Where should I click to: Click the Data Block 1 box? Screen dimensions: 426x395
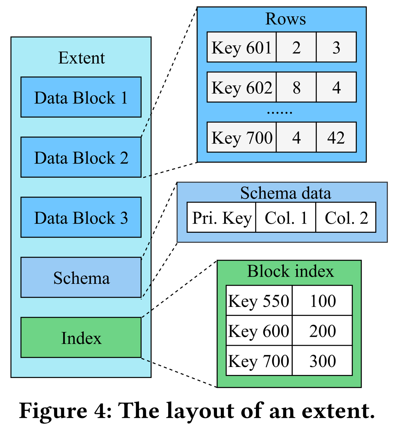(81, 97)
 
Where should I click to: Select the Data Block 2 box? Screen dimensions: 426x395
(81, 157)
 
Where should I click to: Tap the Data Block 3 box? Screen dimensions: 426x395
(81, 217)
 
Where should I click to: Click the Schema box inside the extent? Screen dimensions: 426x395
(81, 278)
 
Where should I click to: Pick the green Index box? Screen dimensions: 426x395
(81, 338)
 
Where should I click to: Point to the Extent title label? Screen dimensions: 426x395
(81, 58)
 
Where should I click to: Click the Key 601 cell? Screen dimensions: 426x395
(241, 47)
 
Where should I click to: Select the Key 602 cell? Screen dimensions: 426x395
(241, 87)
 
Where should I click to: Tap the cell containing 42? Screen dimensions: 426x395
(336, 137)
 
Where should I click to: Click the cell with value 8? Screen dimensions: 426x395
(296, 87)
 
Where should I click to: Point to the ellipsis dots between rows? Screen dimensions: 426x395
(279, 112)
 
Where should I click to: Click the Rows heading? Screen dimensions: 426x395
(285, 19)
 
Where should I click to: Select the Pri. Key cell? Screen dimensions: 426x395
(221, 218)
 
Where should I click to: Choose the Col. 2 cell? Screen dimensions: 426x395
(346, 218)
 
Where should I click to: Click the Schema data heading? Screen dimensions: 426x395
(285, 193)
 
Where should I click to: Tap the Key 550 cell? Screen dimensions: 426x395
(259, 301)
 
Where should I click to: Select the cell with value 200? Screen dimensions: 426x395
(322, 331)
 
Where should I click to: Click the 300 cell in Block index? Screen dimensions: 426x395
(322, 361)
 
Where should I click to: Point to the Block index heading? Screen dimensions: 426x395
(290, 271)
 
